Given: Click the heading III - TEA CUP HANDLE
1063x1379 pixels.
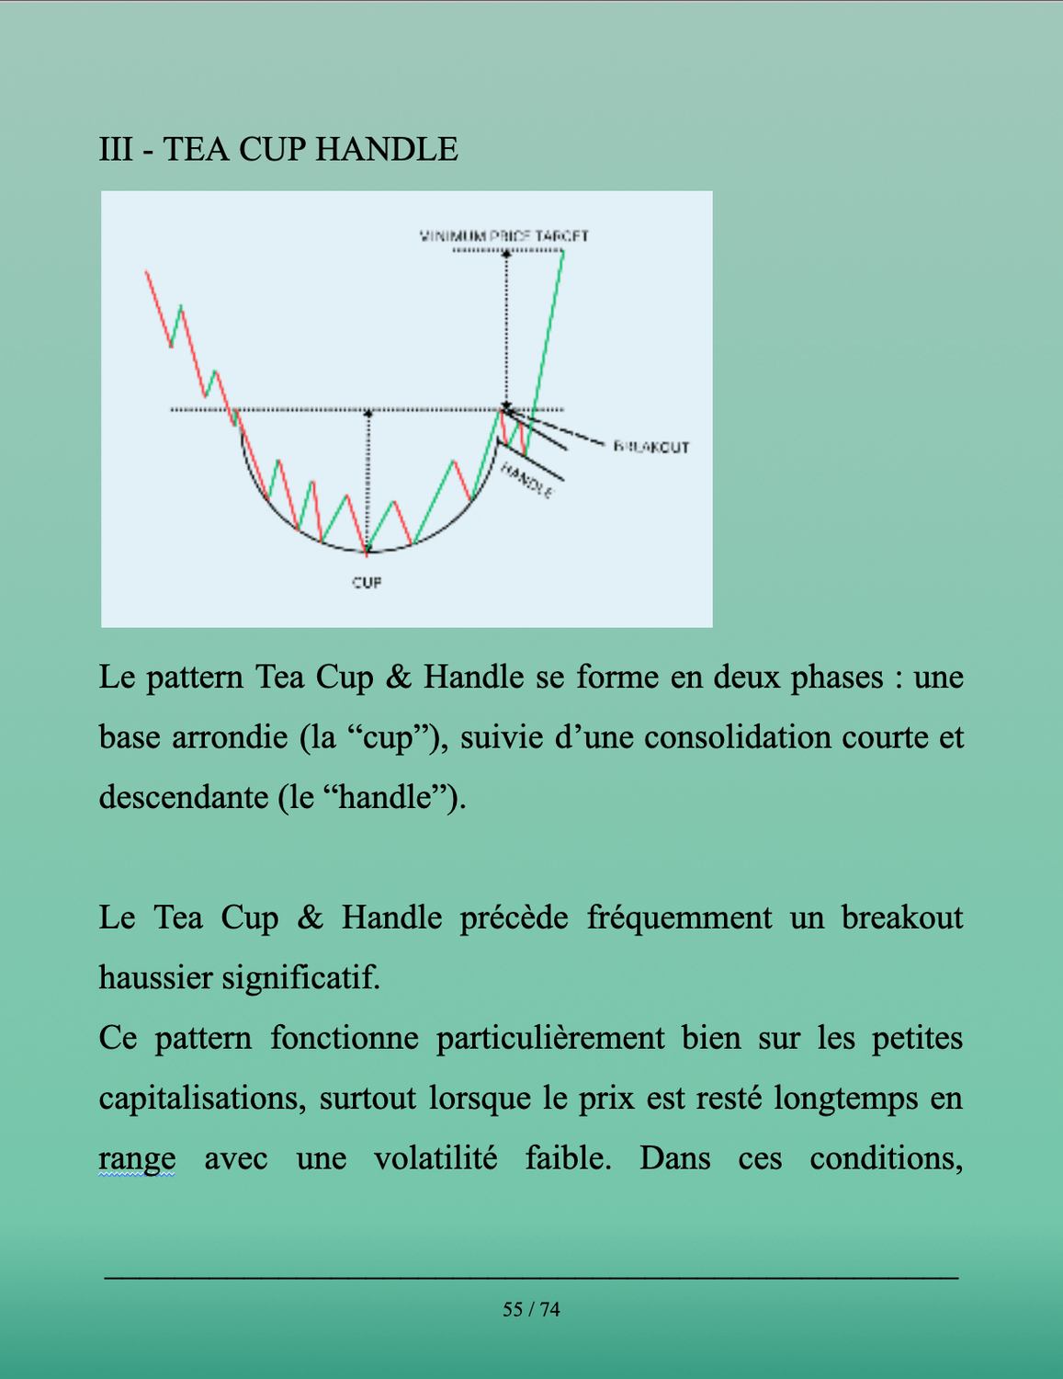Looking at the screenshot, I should click(x=278, y=149).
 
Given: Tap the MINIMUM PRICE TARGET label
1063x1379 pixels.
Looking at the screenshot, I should click(x=503, y=236).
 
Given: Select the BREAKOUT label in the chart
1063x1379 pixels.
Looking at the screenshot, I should click(x=651, y=447).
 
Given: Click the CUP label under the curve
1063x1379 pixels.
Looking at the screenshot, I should click(x=367, y=582).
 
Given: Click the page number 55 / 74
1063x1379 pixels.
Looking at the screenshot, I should click(x=531, y=1309).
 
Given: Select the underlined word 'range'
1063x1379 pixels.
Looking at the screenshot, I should click(x=137, y=1157).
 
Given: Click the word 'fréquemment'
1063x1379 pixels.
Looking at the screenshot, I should click(x=679, y=917).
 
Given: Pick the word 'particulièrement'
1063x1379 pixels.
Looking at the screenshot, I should click(x=549, y=1038).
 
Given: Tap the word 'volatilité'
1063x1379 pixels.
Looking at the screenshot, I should click(x=435, y=1157).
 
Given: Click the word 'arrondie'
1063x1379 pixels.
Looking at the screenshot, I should click(x=229, y=736).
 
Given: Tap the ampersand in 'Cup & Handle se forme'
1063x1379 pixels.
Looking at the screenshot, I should click(x=399, y=678).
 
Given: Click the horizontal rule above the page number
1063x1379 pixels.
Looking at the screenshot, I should click(x=531, y=1277).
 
